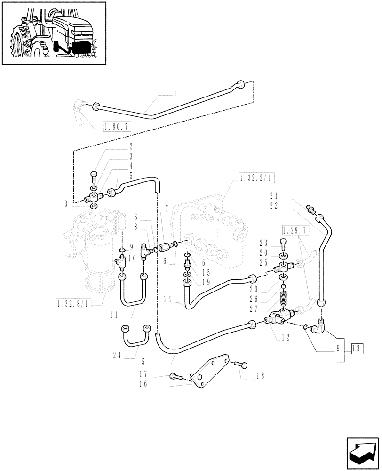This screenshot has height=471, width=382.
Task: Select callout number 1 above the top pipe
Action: pos(175,92)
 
